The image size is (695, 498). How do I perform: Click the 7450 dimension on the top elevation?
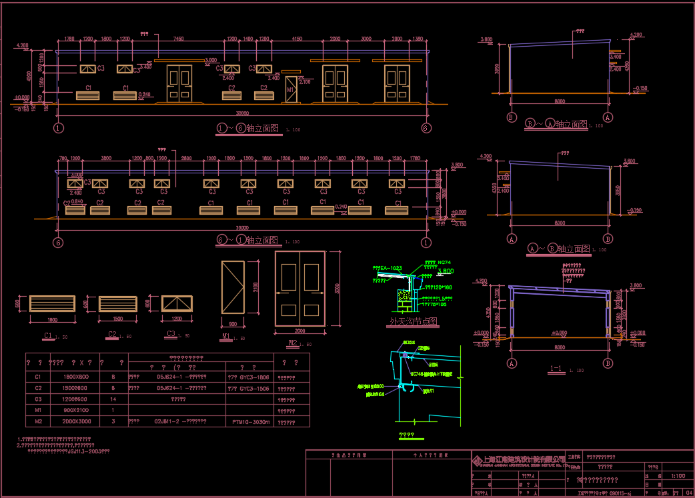click(x=178, y=39)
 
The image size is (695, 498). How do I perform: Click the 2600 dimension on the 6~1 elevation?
click(x=186, y=159)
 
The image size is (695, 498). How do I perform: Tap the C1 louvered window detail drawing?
click(x=52, y=303)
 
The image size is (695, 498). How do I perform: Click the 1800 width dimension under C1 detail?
click(x=52, y=320)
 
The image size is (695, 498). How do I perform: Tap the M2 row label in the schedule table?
click(x=38, y=421)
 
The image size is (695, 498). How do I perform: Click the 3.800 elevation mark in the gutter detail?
click(x=446, y=271)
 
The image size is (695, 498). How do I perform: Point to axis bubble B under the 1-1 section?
click(x=608, y=363)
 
